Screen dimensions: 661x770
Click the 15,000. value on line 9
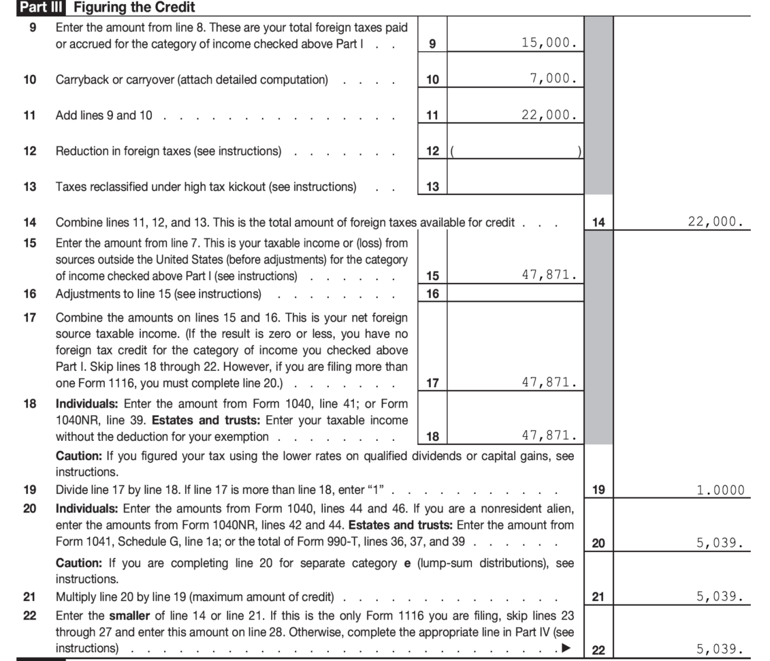549,43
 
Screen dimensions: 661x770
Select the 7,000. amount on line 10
554,79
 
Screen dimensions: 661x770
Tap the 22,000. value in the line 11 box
549,115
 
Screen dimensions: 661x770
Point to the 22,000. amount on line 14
716,222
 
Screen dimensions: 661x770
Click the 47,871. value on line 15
549,276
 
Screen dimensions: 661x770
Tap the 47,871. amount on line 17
549,383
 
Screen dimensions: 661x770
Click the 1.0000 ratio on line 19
720,490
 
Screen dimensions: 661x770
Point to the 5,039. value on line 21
720,597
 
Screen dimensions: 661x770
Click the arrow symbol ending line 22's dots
565,648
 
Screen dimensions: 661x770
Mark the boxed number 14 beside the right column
599,223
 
